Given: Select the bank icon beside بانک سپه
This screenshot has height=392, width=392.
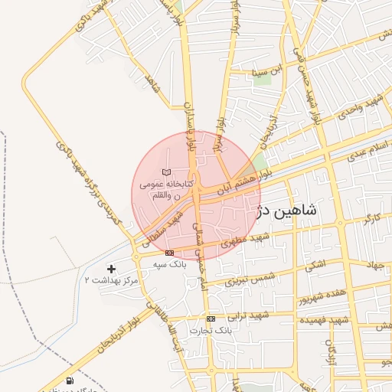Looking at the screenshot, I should pyautogui.click(x=169, y=253).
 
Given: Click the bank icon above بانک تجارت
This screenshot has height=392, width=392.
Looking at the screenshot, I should pyautogui.click(x=211, y=318).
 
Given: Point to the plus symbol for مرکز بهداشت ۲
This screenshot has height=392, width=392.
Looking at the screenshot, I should pyautogui.click(x=112, y=269).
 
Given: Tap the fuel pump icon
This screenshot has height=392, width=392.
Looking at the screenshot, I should pyautogui.click(x=70, y=381).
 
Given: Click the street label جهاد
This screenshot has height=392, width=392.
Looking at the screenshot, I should pyautogui.click(x=374, y=266).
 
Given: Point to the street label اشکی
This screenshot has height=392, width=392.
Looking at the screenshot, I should pyautogui.click(x=313, y=266).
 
